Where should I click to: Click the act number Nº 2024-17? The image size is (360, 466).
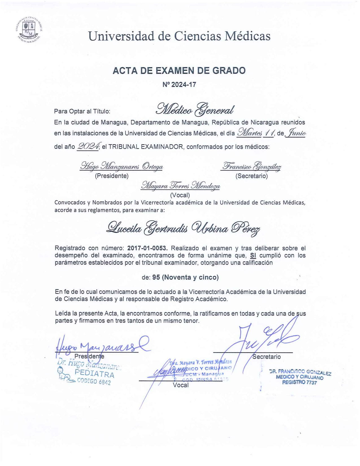click(x=179, y=84)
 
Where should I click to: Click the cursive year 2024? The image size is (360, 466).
click(x=88, y=146)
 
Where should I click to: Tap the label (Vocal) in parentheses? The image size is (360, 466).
click(x=180, y=195)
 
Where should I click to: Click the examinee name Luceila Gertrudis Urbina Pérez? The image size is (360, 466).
click(x=183, y=227)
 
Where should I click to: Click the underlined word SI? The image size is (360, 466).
click(x=253, y=256)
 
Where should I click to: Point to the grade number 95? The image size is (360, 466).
click(x=156, y=277)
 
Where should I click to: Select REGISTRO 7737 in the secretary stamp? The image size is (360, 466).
click(x=299, y=382)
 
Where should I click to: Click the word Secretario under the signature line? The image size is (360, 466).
click(x=267, y=357)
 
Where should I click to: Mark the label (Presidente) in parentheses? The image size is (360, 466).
click(x=112, y=176)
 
